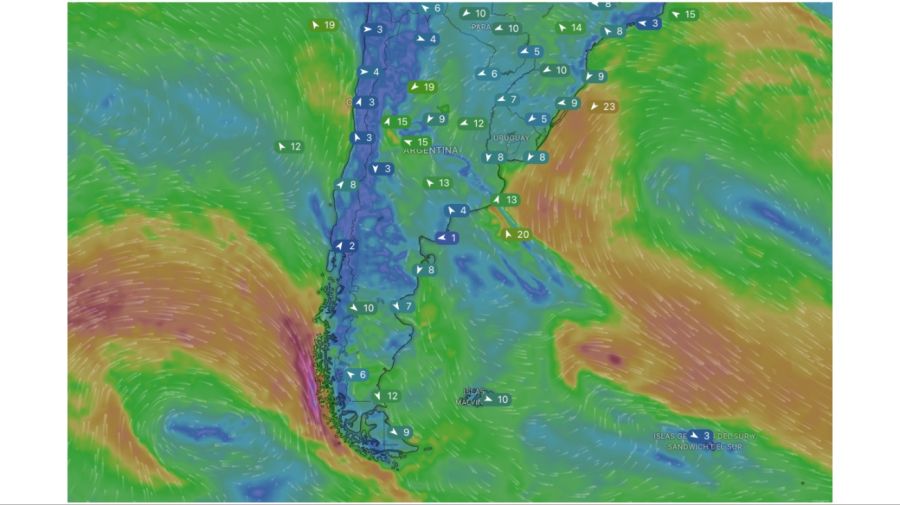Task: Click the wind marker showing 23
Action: tap(604, 106)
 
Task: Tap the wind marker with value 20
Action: tap(517, 234)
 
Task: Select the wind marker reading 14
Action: tap(570, 27)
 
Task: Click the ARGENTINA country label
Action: tap(430, 150)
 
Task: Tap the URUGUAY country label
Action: tap(510, 137)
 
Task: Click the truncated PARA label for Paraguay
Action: tap(481, 27)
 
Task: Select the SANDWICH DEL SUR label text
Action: tap(706, 447)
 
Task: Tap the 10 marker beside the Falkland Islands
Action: tap(497, 399)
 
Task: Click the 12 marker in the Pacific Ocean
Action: tap(289, 146)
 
